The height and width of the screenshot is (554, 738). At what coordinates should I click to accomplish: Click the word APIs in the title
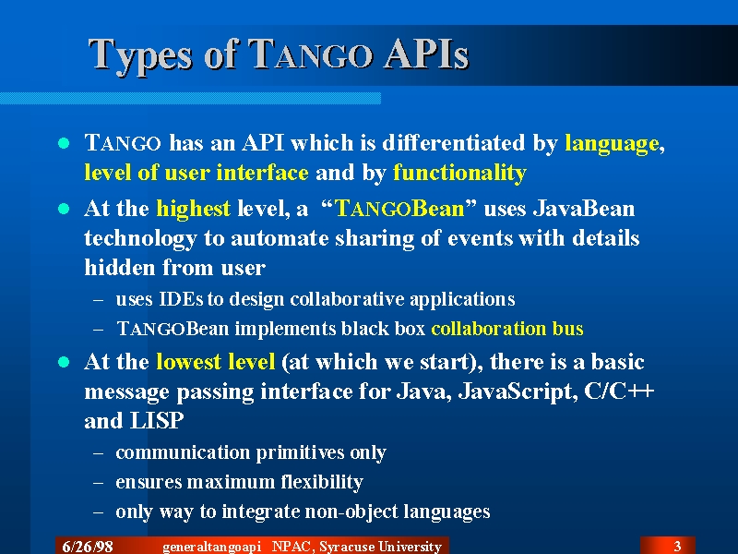pyautogui.click(x=426, y=54)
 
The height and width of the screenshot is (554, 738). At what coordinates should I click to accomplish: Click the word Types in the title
pyautogui.click(x=140, y=56)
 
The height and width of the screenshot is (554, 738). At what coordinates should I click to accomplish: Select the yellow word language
pyautogui.click(x=612, y=144)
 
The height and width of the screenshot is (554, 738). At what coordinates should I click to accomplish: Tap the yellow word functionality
pyautogui.click(x=459, y=173)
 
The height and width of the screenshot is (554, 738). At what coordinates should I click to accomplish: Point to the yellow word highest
pyautogui.click(x=194, y=210)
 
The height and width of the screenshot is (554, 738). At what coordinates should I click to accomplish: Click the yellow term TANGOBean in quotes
pyautogui.click(x=400, y=209)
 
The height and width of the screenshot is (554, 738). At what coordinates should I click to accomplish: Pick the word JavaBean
pyautogui.click(x=584, y=209)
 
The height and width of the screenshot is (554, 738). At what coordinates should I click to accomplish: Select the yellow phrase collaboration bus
pyautogui.click(x=507, y=329)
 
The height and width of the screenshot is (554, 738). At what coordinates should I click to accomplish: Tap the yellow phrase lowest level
pyautogui.click(x=216, y=362)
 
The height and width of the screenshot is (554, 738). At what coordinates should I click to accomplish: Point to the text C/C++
pyautogui.click(x=619, y=391)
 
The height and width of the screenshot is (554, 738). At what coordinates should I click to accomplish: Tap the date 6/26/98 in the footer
pyautogui.click(x=88, y=547)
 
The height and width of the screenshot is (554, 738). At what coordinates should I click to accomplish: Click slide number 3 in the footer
pyautogui.click(x=678, y=547)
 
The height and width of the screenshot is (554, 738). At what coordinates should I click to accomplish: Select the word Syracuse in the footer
pyautogui.click(x=347, y=547)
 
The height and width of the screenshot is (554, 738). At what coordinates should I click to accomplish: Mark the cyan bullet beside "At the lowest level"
pyautogui.click(x=64, y=362)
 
